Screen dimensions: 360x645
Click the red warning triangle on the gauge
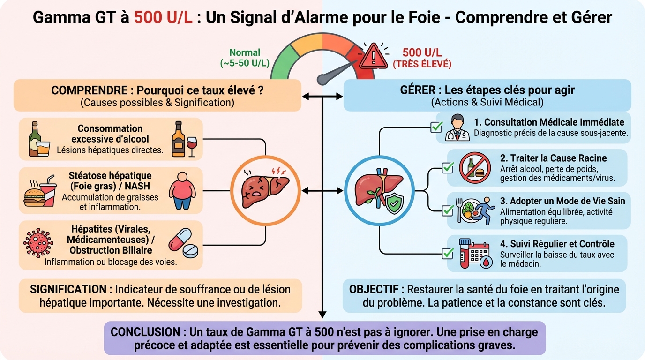(x=373, y=56)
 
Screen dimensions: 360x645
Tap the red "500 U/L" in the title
(x=163, y=17)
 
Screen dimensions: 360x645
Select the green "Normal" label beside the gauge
(x=245, y=53)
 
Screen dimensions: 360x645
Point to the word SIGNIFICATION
(x=68, y=289)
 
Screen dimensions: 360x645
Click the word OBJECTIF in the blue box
(x=376, y=289)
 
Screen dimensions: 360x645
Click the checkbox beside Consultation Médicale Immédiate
(x=437, y=127)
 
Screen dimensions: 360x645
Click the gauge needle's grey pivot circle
(x=322, y=80)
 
